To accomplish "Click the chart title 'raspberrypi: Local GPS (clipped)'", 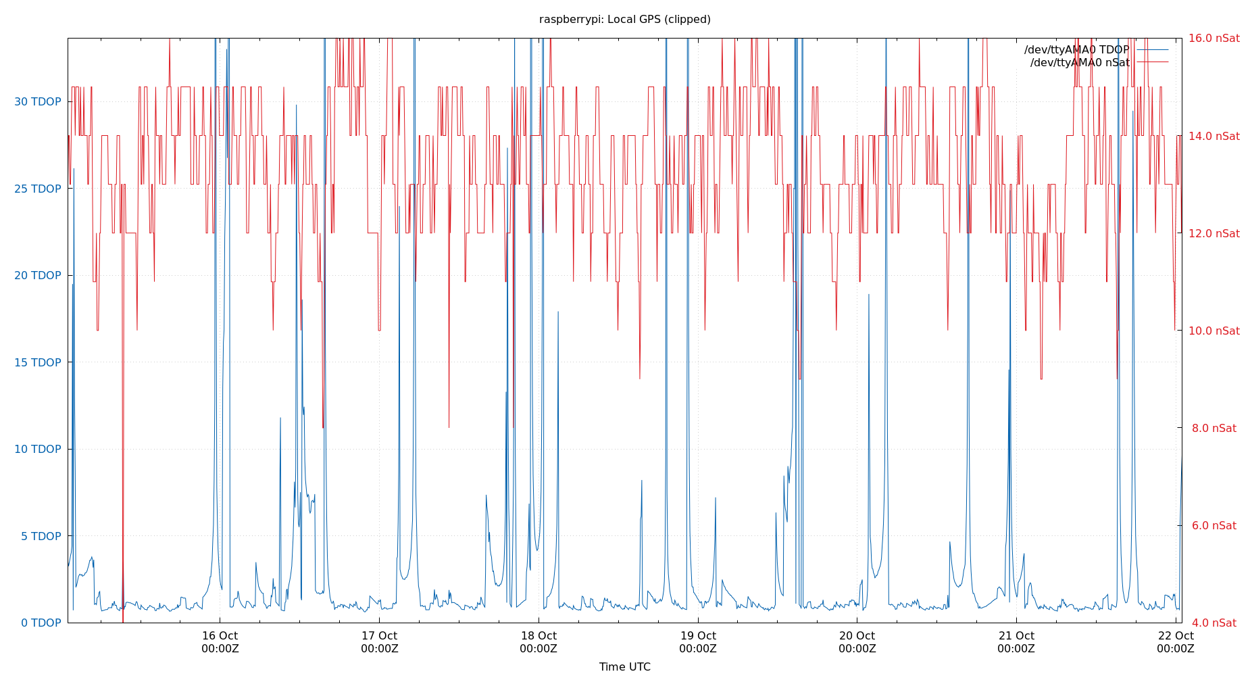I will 624,20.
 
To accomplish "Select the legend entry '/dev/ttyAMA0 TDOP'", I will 1076,50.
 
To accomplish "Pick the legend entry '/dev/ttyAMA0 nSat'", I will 1080,63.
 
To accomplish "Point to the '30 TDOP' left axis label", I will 38,102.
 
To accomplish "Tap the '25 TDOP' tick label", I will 38,189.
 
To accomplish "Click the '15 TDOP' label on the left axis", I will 38,362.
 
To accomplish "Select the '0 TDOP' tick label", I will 41,623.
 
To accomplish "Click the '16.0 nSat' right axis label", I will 1214,39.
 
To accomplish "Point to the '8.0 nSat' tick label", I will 1214,428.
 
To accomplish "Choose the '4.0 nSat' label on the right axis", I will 1214,623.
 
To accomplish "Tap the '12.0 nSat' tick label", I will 1214,233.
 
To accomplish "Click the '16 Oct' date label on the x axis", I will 220,636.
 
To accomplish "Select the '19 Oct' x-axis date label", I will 698,636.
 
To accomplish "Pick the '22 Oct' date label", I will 1176,636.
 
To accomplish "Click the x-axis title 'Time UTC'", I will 624,667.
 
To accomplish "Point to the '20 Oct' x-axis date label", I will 857,636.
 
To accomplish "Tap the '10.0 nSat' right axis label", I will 1214,331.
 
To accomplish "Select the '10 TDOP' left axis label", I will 38,449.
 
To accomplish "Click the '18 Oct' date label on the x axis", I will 539,636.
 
